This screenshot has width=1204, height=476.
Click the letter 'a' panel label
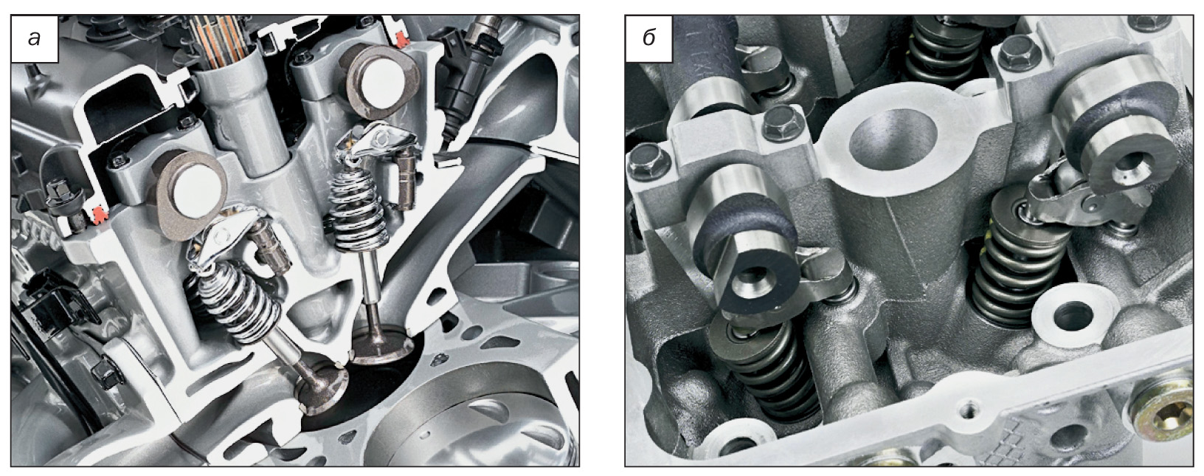pos(35,38)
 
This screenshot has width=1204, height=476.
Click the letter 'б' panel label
pos(648,38)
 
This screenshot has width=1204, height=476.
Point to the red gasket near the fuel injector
pos(401,38)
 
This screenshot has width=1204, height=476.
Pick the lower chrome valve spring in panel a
pos(238,300)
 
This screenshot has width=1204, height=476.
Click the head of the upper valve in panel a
pos(381,349)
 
